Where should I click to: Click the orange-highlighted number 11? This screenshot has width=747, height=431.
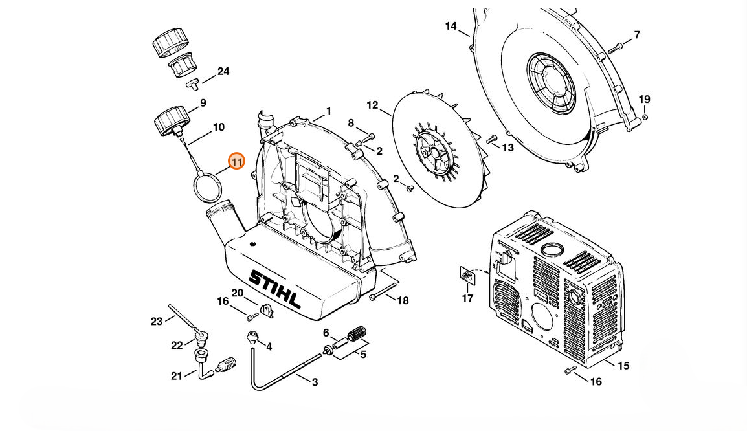click(237, 162)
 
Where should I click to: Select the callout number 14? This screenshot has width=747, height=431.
click(451, 26)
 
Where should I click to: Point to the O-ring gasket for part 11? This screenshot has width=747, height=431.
click(208, 188)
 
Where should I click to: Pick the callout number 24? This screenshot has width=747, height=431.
click(223, 71)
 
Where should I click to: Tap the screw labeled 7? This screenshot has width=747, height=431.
click(616, 48)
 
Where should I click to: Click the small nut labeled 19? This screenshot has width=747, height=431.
click(645, 116)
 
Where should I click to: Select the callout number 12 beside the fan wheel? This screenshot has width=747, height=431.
click(372, 105)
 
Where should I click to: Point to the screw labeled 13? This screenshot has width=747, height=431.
click(492, 139)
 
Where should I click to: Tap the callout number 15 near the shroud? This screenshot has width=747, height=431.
click(623, 366)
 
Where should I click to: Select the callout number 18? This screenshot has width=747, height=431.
click(403, 300)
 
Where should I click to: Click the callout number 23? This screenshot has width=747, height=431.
click(157, 322)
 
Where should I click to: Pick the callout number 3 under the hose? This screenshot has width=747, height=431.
click(315, 382)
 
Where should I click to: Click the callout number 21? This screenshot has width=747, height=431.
click(177, 376)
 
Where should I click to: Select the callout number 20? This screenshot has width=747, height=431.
click(238, 293)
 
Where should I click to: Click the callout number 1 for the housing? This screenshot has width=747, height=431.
click(329, 111)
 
